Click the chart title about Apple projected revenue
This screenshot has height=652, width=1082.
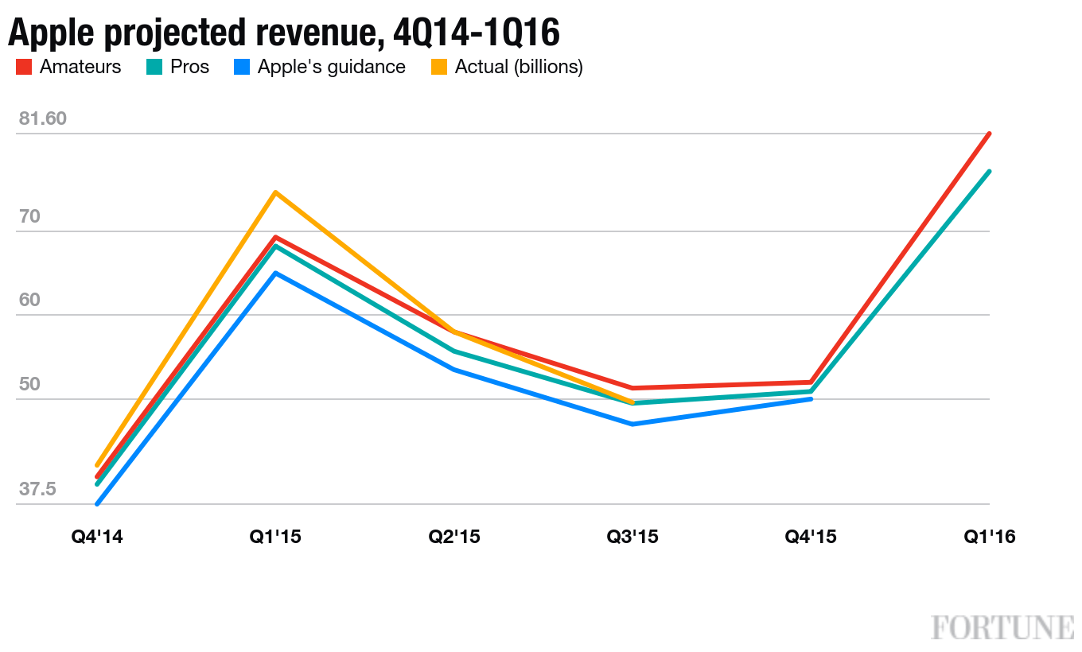click(x=284, y=33)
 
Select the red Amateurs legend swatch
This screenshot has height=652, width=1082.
click(x=24, y=68)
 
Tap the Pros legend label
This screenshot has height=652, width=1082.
click(x=189, y=68)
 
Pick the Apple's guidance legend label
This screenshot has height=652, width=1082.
click(x=331, y=68)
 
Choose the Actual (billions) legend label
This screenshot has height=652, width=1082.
click(x=519, y=68)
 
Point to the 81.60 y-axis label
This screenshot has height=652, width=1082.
click(x=43, y=119)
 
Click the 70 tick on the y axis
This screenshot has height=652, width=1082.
click(x=30, y=217)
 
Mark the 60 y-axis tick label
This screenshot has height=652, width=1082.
click(x=30, y=301)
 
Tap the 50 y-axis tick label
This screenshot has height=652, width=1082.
click(x=30, y=385)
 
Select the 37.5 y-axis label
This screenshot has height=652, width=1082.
click(x=37, y=489)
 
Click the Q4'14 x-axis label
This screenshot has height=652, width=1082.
click(x=97, y=538)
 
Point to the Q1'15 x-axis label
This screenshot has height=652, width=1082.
click(x=275, y=538)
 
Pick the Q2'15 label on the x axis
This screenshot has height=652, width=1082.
click(x=454, y=538)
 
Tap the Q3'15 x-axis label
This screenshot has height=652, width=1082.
click(x=632, y=538)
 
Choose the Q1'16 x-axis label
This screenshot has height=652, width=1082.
click(x=990, y=538)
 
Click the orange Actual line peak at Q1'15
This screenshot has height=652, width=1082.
click(x=275, y=192)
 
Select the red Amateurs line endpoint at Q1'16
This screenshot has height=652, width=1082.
click(x=989, y=134)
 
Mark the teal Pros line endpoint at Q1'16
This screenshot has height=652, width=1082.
click(x=989, y=172)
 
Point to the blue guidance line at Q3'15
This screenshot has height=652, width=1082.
click(x=632, y=424)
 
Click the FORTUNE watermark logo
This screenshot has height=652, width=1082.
click(x=1002, y=627)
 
